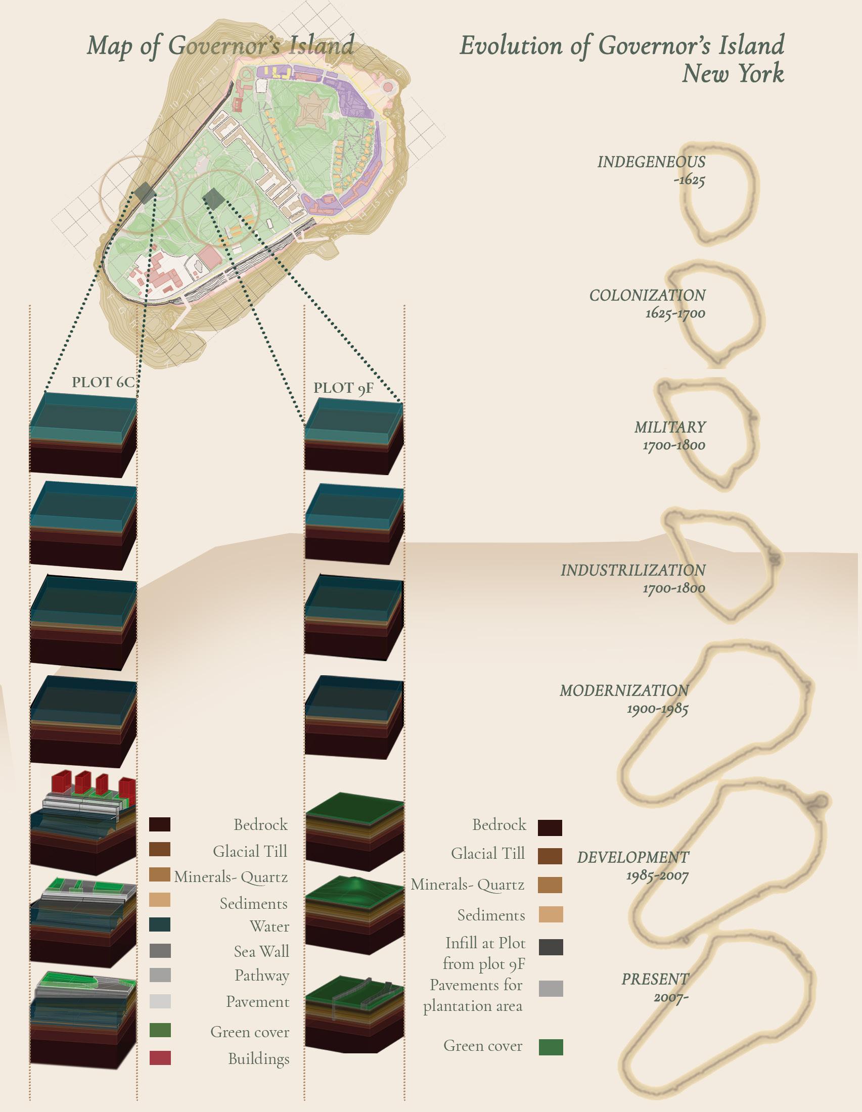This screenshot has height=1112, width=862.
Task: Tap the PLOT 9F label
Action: click(343, 388)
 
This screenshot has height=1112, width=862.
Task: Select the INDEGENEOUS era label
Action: click(651, 162)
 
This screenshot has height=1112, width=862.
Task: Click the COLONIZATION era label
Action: click(647, 295)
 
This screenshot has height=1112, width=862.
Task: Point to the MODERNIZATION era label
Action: click(624, 691)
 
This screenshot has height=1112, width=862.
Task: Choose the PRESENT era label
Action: click(655, 979)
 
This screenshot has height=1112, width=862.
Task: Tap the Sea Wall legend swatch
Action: click(160, 951)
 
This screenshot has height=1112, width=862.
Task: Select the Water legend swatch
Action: click(160, 924)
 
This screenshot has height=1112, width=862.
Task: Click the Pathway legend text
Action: click(262, 976)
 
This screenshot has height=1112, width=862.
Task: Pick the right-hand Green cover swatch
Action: click(551, 1047)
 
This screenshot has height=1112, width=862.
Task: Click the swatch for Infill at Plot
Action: click(551, 947)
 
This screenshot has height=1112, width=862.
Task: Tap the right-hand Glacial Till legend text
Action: click(488, 853)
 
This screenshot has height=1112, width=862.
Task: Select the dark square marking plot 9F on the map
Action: click(212, 198)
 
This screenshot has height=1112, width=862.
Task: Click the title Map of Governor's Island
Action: click(220, 46)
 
